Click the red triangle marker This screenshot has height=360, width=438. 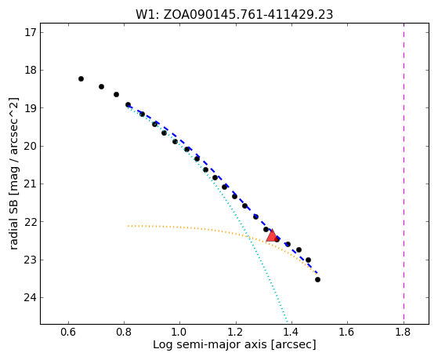coord(272,236)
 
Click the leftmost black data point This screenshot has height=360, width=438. coord(81,79)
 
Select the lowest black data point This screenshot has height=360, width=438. coord(317,279)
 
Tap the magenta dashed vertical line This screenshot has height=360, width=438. coord(404,173)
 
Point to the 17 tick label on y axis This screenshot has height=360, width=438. coord(31,32)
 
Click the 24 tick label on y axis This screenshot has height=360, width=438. coord(31,297)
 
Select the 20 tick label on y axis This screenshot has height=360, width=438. coord(31,146)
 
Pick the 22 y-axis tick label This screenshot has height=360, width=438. coord(31,222)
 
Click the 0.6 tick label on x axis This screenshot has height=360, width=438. coord(68,332)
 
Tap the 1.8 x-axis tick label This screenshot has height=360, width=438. coord(404,332)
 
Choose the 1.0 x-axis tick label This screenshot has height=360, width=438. coord(180,332)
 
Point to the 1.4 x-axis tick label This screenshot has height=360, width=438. coord(292,332)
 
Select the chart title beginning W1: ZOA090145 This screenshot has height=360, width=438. coord(234,15)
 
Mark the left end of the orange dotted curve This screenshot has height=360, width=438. coord(129,226)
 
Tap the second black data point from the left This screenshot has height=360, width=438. coord(101,87)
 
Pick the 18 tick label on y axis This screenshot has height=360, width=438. coord(31,70)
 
